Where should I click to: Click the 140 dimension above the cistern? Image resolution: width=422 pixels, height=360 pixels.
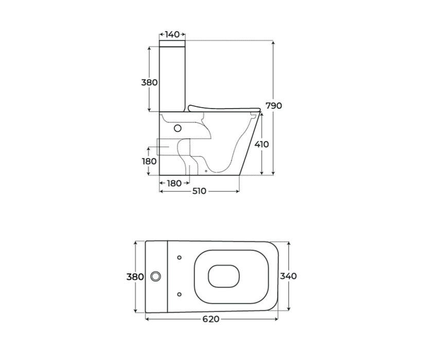(172, 34)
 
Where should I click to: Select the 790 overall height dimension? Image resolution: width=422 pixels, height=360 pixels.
(274, 105)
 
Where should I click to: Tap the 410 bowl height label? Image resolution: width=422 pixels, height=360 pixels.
(261, 145)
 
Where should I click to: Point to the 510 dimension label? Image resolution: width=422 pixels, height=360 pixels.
(200, 191)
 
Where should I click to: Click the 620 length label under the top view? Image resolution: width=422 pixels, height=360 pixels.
(211, 319)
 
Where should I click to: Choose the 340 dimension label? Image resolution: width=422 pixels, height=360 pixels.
(288, 276)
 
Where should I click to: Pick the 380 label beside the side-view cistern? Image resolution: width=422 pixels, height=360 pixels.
(149, 82)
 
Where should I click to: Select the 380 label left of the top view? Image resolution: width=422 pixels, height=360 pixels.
(135, 277)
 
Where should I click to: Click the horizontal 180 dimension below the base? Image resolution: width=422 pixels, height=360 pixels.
(174, 184)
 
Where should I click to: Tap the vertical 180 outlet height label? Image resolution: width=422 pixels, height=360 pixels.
(149, 161)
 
